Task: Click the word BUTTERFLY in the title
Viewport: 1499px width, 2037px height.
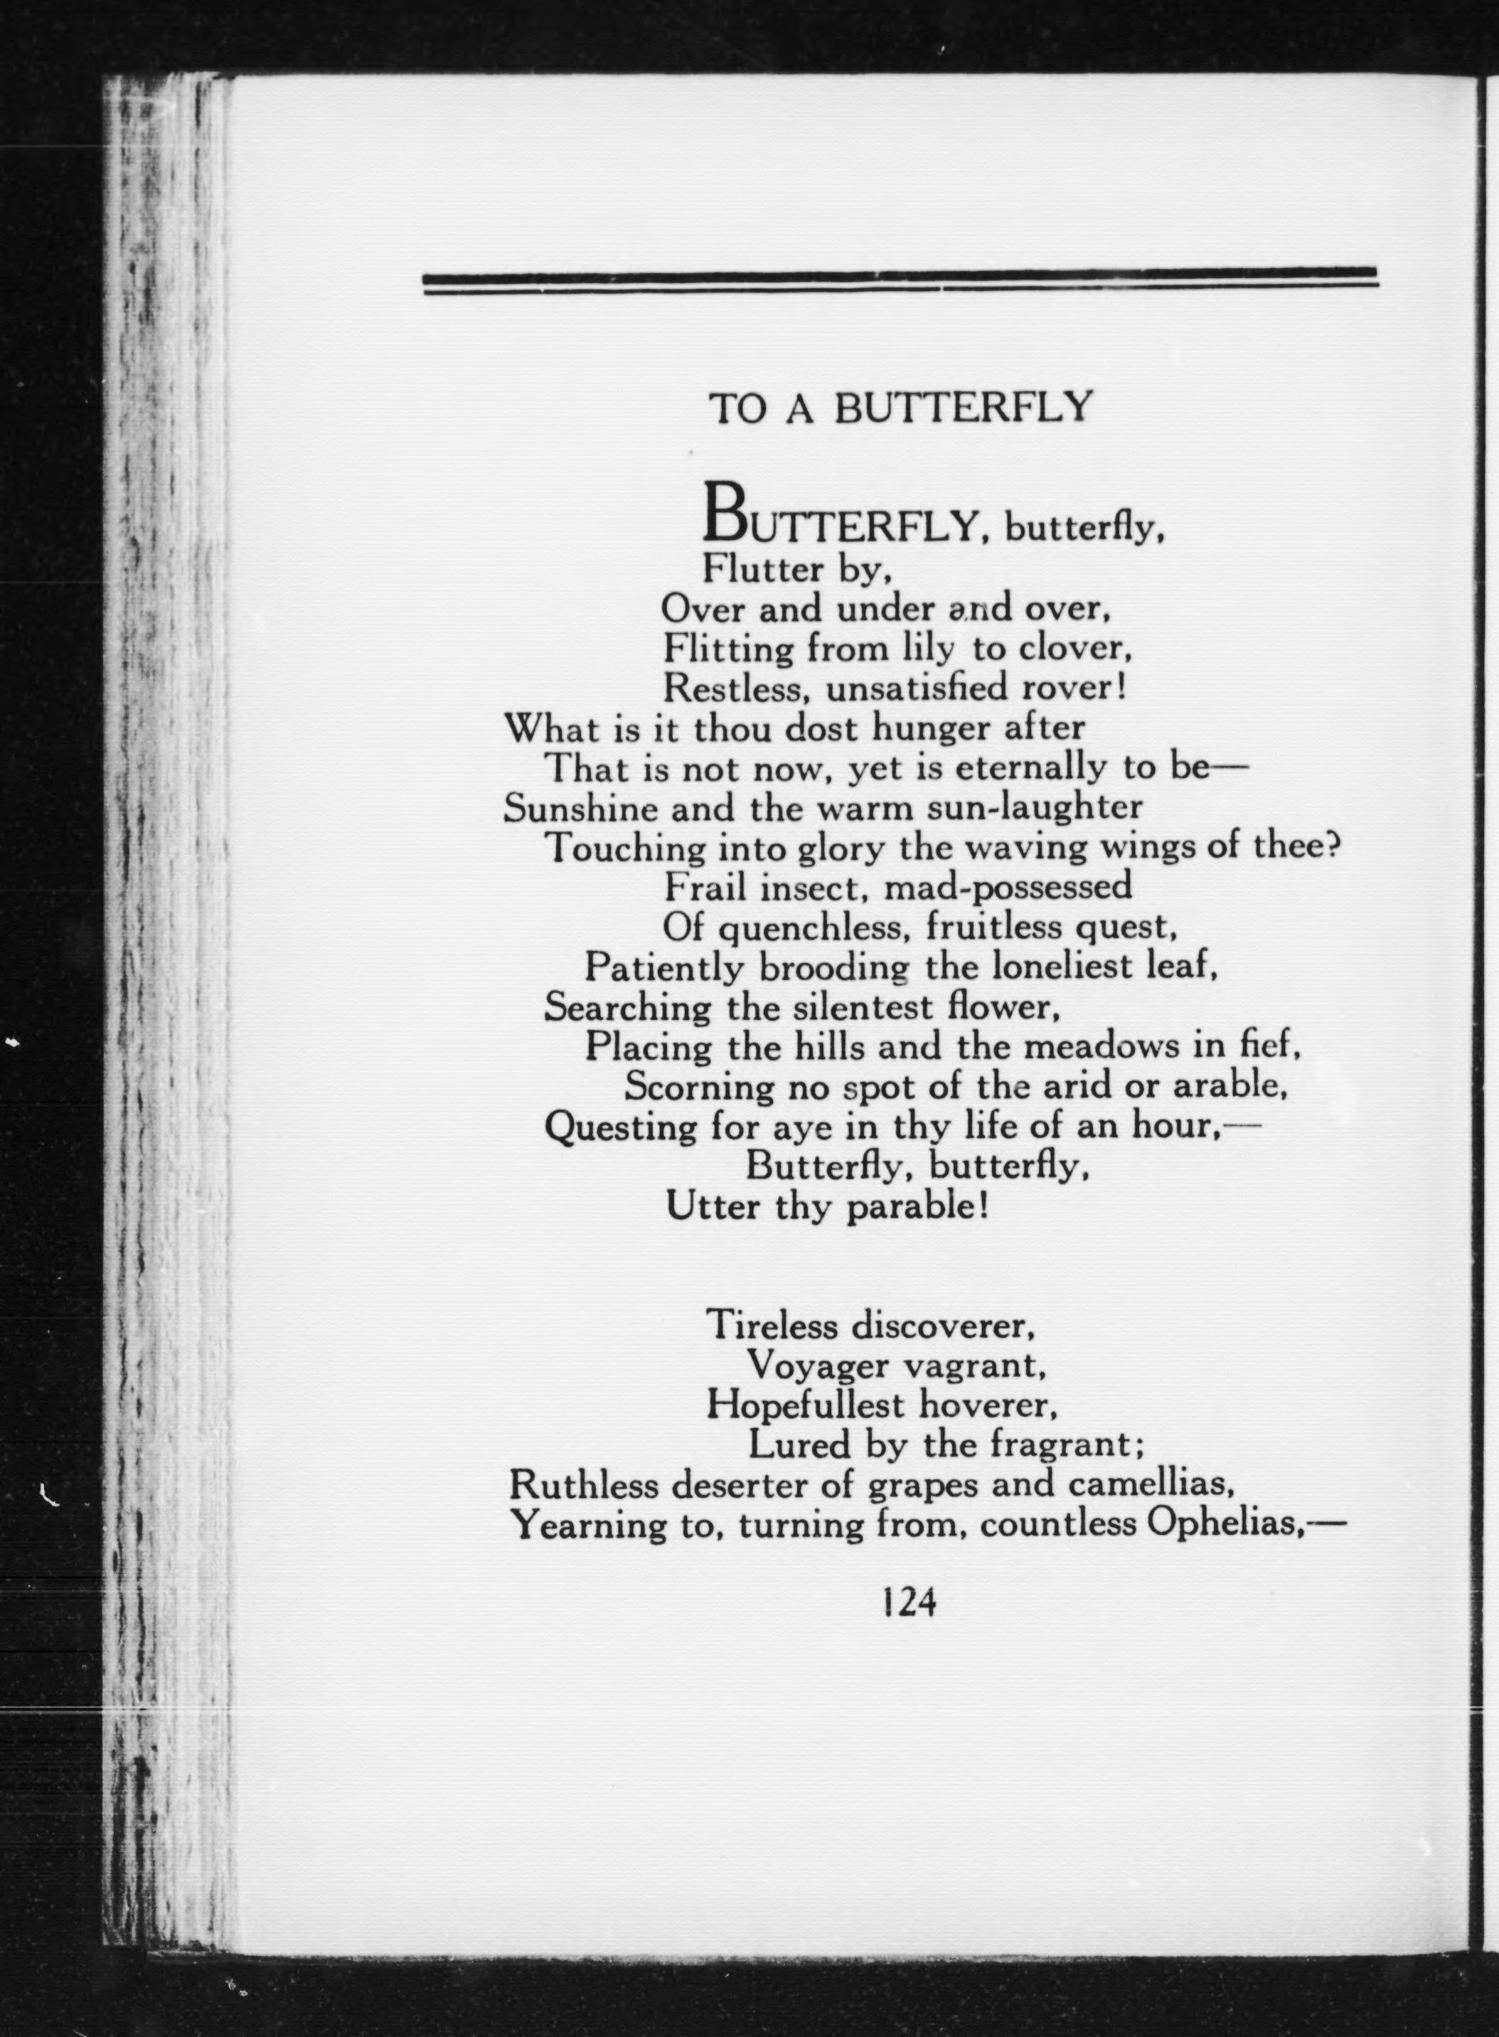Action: [x=963, y=408]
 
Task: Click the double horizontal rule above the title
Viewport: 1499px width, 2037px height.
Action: [x=900, y=280]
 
